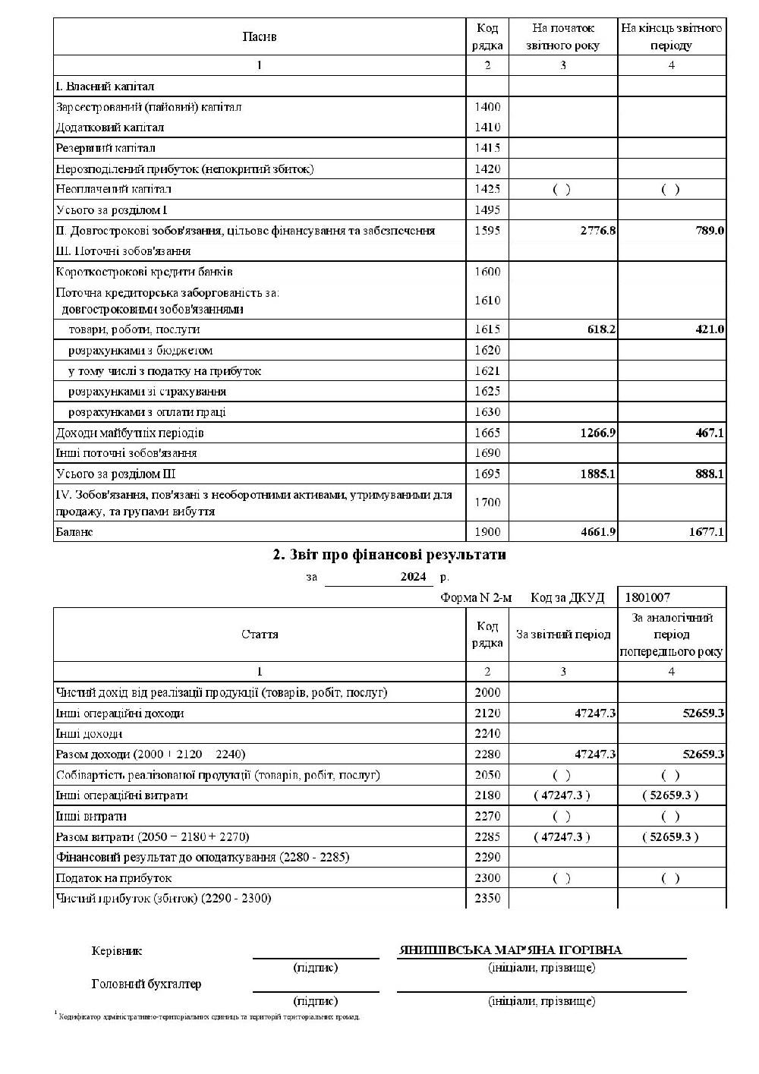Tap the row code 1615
click(487, 329)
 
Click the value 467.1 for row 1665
click(710, 433)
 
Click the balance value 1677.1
click(707, 532)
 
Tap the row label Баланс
click(74, 532)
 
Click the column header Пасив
click(260, 36)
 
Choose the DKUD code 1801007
click(647, 597)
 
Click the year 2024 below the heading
click(414, 577)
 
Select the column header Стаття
click(260, 635)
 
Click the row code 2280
click(487, 754)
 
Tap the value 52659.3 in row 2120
click(704, 713)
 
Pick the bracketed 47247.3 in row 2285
click(562, 836)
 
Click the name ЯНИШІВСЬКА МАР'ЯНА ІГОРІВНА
click(510, 950)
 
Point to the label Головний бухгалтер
click(146, 984)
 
